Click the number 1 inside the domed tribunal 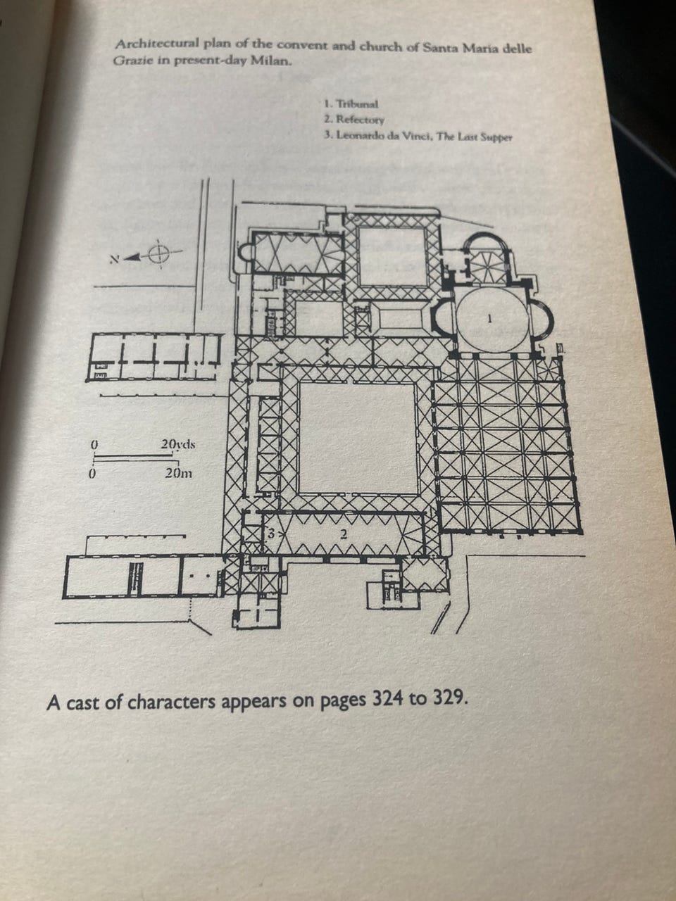coord(490,319)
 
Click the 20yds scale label coord(177,444)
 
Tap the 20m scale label coord(177,472)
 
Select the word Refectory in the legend coord(360,120)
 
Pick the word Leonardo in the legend coord(362,135)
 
